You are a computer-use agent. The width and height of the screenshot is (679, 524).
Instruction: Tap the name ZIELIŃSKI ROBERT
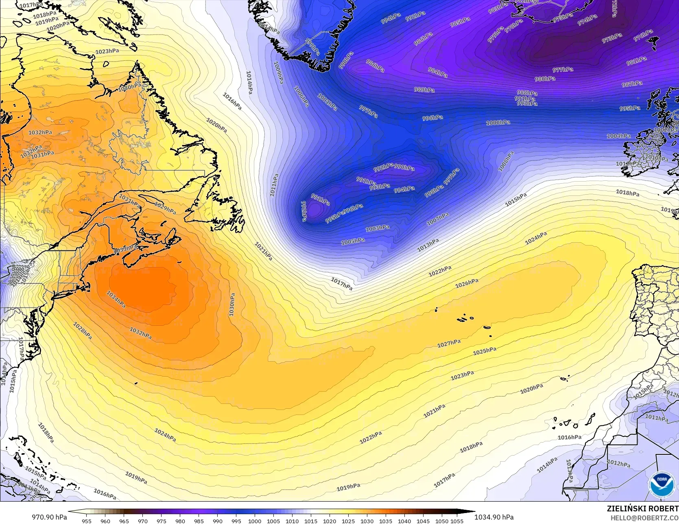tap(642, 509)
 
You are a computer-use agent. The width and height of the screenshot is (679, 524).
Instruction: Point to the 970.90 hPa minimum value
tap(49, 517)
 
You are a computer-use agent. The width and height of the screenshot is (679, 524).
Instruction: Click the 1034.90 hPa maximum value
tap(494, 517)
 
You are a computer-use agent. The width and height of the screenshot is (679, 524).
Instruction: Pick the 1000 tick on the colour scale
tap(255, 521)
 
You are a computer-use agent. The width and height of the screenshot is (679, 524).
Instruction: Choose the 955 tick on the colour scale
tap(87, 521)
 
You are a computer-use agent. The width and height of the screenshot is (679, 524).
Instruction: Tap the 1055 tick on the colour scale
tap(457, 521)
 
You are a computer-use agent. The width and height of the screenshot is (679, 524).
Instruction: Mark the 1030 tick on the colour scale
tap(367, 521)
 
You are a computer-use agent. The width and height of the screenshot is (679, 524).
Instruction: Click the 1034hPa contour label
tap(116, 299)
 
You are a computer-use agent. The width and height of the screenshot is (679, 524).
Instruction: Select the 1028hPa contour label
tap(82, 331)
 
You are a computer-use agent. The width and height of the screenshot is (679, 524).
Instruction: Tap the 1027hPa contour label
tap(449, 344)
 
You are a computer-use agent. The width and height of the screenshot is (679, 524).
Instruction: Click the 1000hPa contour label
tap(498, 123)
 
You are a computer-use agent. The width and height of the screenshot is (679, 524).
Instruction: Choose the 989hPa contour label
tap(424, 90)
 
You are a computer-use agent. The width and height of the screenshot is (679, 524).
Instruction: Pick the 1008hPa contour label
tap(506, 161)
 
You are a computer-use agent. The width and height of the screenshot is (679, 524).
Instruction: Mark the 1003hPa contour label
tap(378, 228)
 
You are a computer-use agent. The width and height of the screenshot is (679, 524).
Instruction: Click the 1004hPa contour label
tap(619, 136)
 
